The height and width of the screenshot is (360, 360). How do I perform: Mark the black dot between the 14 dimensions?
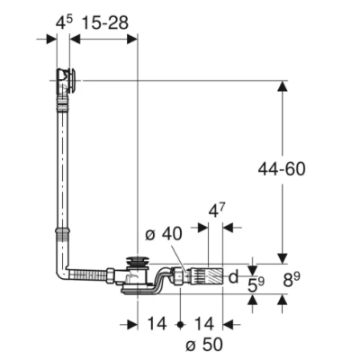180,323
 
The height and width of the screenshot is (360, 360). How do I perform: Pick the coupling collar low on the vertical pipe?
64,235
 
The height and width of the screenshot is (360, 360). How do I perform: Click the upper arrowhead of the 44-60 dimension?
283,88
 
